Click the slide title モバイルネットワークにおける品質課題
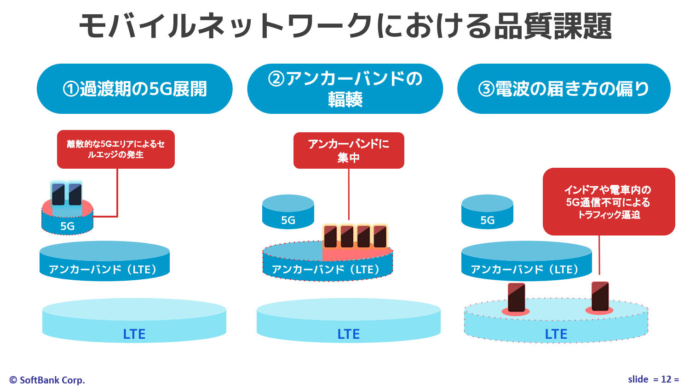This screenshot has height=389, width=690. click(345, 26)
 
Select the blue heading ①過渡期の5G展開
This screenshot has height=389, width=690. click(134, 89)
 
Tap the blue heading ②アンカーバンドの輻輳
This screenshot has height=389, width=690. click(345, 89)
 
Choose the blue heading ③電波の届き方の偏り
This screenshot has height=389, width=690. click(563, 89)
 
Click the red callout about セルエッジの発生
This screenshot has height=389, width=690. click(116, 149)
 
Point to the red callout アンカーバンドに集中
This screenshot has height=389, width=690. click(349, 151)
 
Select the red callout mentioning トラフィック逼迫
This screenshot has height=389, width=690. click(609, 202)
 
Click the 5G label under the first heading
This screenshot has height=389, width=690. click(68, 226)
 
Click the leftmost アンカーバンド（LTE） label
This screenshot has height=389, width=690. click(104, 270)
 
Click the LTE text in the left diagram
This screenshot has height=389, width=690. click(134, 334)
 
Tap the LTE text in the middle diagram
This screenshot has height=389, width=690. click(349, 334)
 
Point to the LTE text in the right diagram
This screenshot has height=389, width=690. click(556, 334)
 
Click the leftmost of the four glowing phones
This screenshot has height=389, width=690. click(330, 236)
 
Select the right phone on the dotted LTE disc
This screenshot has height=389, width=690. click(600, 296)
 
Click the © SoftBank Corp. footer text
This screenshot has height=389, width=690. click(47, 380)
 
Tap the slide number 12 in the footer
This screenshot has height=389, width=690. click(666, 379)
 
